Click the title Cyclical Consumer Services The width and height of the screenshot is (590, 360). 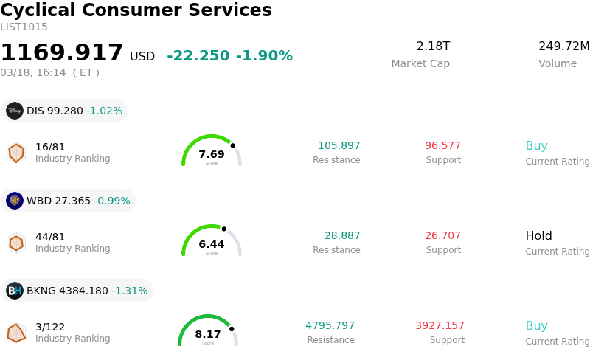pos(136,10)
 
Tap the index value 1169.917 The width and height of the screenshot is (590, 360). pos(62,53)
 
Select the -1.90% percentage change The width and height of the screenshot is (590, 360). pos(264,56)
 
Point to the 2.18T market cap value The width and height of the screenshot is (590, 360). pos(433,46)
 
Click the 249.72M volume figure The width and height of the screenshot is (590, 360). pos(563,46)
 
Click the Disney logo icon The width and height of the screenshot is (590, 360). pos(15,111)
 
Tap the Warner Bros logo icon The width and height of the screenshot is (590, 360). pos(15,201)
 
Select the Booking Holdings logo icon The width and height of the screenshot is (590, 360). pos(15,291)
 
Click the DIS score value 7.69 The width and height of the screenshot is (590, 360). pos(212,154)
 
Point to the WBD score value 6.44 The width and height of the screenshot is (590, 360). pos(212,244)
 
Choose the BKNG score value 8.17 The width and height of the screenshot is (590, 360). pos(208,334)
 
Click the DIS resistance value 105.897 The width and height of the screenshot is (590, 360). pos(339,145)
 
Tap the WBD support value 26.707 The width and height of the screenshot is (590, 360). pos(443,235)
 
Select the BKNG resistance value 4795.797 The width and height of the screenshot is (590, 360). pos(330,325)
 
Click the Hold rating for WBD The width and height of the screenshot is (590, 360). pos(538,236)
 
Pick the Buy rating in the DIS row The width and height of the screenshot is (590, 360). pos(536,146)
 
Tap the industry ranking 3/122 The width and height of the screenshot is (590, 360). pos(50,326)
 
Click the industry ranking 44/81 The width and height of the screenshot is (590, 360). pos(50,236)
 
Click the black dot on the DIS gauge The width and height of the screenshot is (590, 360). pos(233,145)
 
